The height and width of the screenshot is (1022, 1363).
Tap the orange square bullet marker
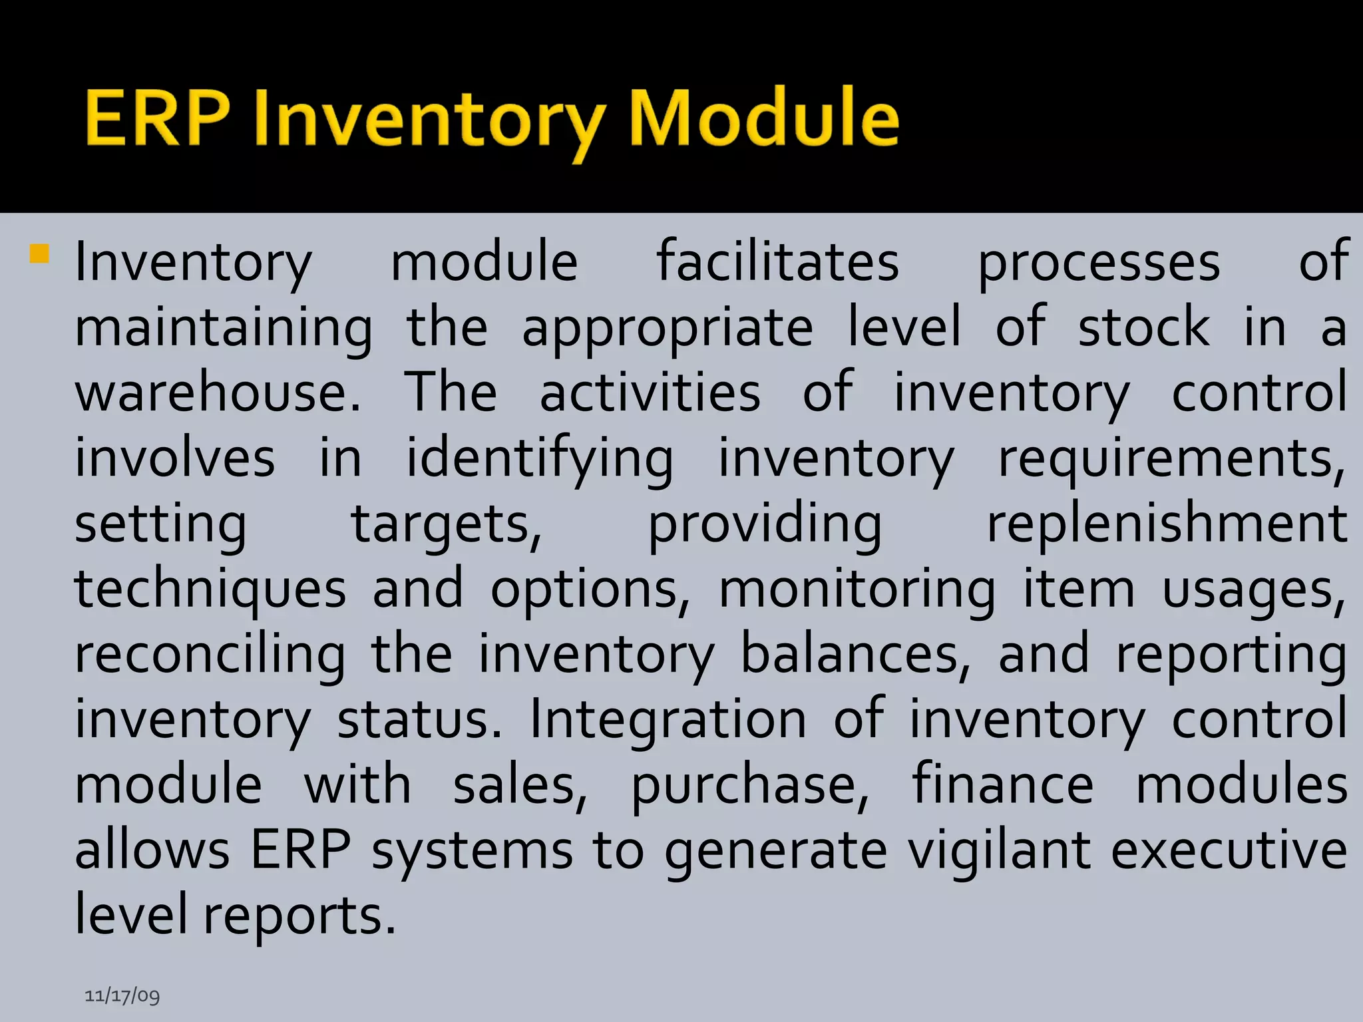point(39,254)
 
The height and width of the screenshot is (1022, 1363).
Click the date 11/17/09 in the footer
point(122,995)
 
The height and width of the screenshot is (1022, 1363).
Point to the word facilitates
point(777,261)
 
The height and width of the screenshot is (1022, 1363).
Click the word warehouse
point(217,393)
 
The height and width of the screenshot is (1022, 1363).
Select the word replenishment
point(1167,524)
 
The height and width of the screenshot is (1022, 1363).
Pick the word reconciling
point(210,655)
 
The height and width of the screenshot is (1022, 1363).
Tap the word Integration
point(668,720)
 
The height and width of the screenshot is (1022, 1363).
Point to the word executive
point(1229,851)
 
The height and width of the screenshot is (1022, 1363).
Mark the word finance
point(1002,785)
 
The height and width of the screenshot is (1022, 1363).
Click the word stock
point(1143,327)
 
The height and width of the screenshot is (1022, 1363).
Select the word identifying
point(540,459)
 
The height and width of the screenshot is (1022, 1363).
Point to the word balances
point(855,655)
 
